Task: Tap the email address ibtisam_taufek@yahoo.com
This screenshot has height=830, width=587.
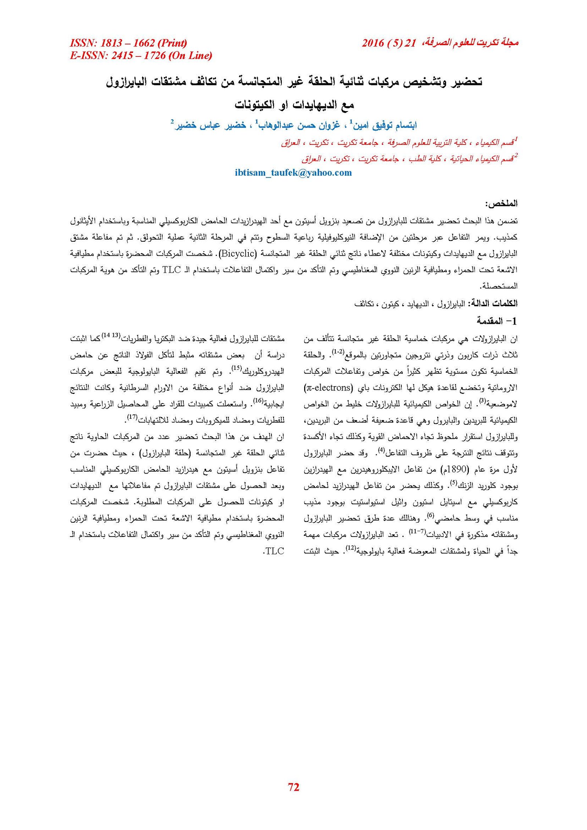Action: tap(293, 173)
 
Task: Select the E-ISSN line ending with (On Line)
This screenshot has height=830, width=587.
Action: tap(141, 55)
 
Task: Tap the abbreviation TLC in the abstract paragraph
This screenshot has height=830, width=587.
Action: tap(171, 270)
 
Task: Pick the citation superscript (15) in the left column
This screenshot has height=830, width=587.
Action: tap(237, 368)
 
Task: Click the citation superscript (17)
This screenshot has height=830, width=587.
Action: tap(132, 417)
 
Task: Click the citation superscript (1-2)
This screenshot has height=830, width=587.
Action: tap(338, 352)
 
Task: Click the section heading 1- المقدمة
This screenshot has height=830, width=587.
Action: tap(497, 321)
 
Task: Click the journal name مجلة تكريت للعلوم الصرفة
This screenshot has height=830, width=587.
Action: tap(473, 43)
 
